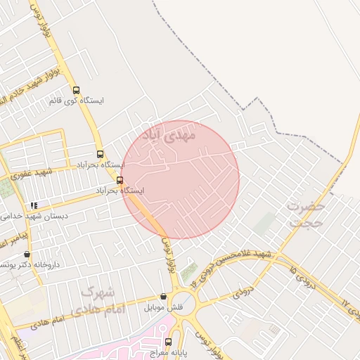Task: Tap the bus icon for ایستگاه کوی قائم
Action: [76, 90]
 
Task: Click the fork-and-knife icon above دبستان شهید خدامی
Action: [34, 205]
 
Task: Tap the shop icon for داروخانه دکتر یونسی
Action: [27, 255]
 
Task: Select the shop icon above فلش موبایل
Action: [164, 297]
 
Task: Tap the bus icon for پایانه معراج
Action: [167, 342]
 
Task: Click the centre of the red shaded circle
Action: [180, 179]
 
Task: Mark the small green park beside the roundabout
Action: [188, 271]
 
